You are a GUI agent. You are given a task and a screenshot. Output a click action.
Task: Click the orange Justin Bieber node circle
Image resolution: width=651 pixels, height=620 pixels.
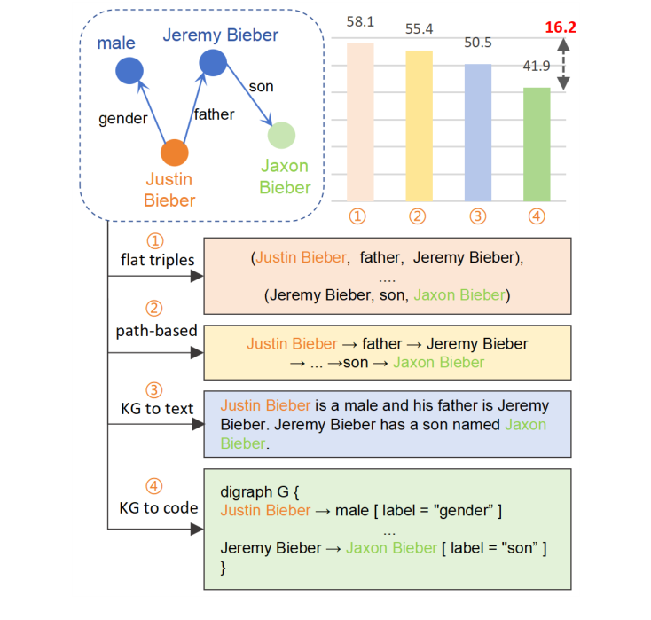point(175,153)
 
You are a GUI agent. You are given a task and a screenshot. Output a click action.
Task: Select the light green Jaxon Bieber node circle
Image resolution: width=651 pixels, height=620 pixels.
point(281,136)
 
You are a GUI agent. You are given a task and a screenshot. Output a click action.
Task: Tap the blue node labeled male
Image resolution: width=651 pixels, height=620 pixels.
point(130,70)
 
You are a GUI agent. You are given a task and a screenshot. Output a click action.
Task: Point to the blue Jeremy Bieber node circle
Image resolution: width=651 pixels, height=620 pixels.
point(213,63)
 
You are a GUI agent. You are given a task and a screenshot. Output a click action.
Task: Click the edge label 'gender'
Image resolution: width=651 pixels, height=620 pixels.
point(122,118)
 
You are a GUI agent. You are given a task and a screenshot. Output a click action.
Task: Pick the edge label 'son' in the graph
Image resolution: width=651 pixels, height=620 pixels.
point(261,86)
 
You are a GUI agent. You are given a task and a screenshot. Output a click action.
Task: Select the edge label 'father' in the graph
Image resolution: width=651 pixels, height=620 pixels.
point(214,114)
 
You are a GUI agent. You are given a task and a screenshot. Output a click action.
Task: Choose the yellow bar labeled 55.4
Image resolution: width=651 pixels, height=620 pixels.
point(419,125)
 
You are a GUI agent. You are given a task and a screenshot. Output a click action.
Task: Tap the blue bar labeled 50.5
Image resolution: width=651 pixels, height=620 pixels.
point(477,132)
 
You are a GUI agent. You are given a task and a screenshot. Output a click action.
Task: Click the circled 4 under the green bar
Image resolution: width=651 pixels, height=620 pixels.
point(535,216)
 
